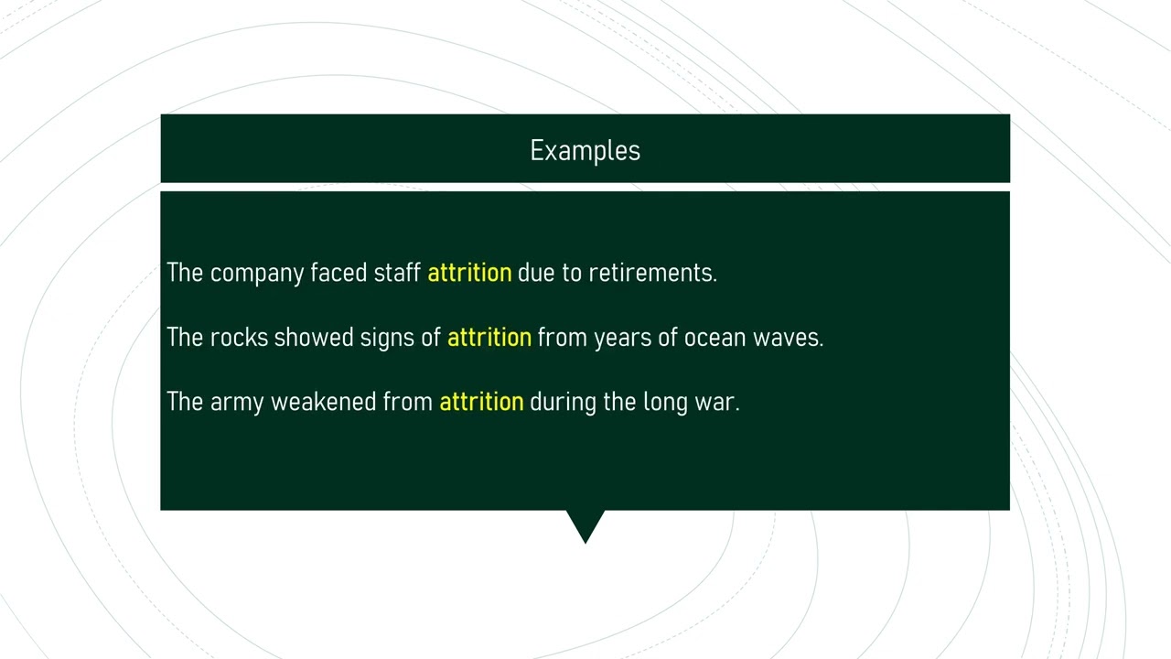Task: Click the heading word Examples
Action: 585,151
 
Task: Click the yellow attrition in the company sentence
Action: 469,273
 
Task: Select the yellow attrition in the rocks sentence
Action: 489,337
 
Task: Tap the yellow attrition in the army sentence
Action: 481,402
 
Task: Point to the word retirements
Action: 651,273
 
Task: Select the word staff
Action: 397,273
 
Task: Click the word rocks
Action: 239,337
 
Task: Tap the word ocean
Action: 714,337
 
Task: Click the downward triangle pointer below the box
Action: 585,524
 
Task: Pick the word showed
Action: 313,337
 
